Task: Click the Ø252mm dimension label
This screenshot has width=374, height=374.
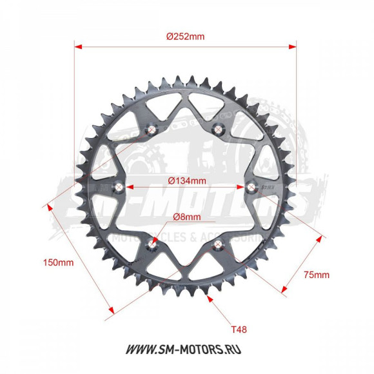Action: click(185, 37)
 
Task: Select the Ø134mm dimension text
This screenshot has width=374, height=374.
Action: click(187, 181)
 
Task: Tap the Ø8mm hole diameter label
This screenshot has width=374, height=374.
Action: click(187, 217)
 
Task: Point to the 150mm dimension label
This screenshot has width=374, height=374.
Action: click(58, 262)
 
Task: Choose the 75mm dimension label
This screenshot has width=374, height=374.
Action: click(317, 275)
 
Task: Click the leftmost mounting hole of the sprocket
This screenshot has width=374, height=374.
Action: click(120, 187)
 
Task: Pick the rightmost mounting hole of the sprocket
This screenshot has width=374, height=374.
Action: click(252, 187)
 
